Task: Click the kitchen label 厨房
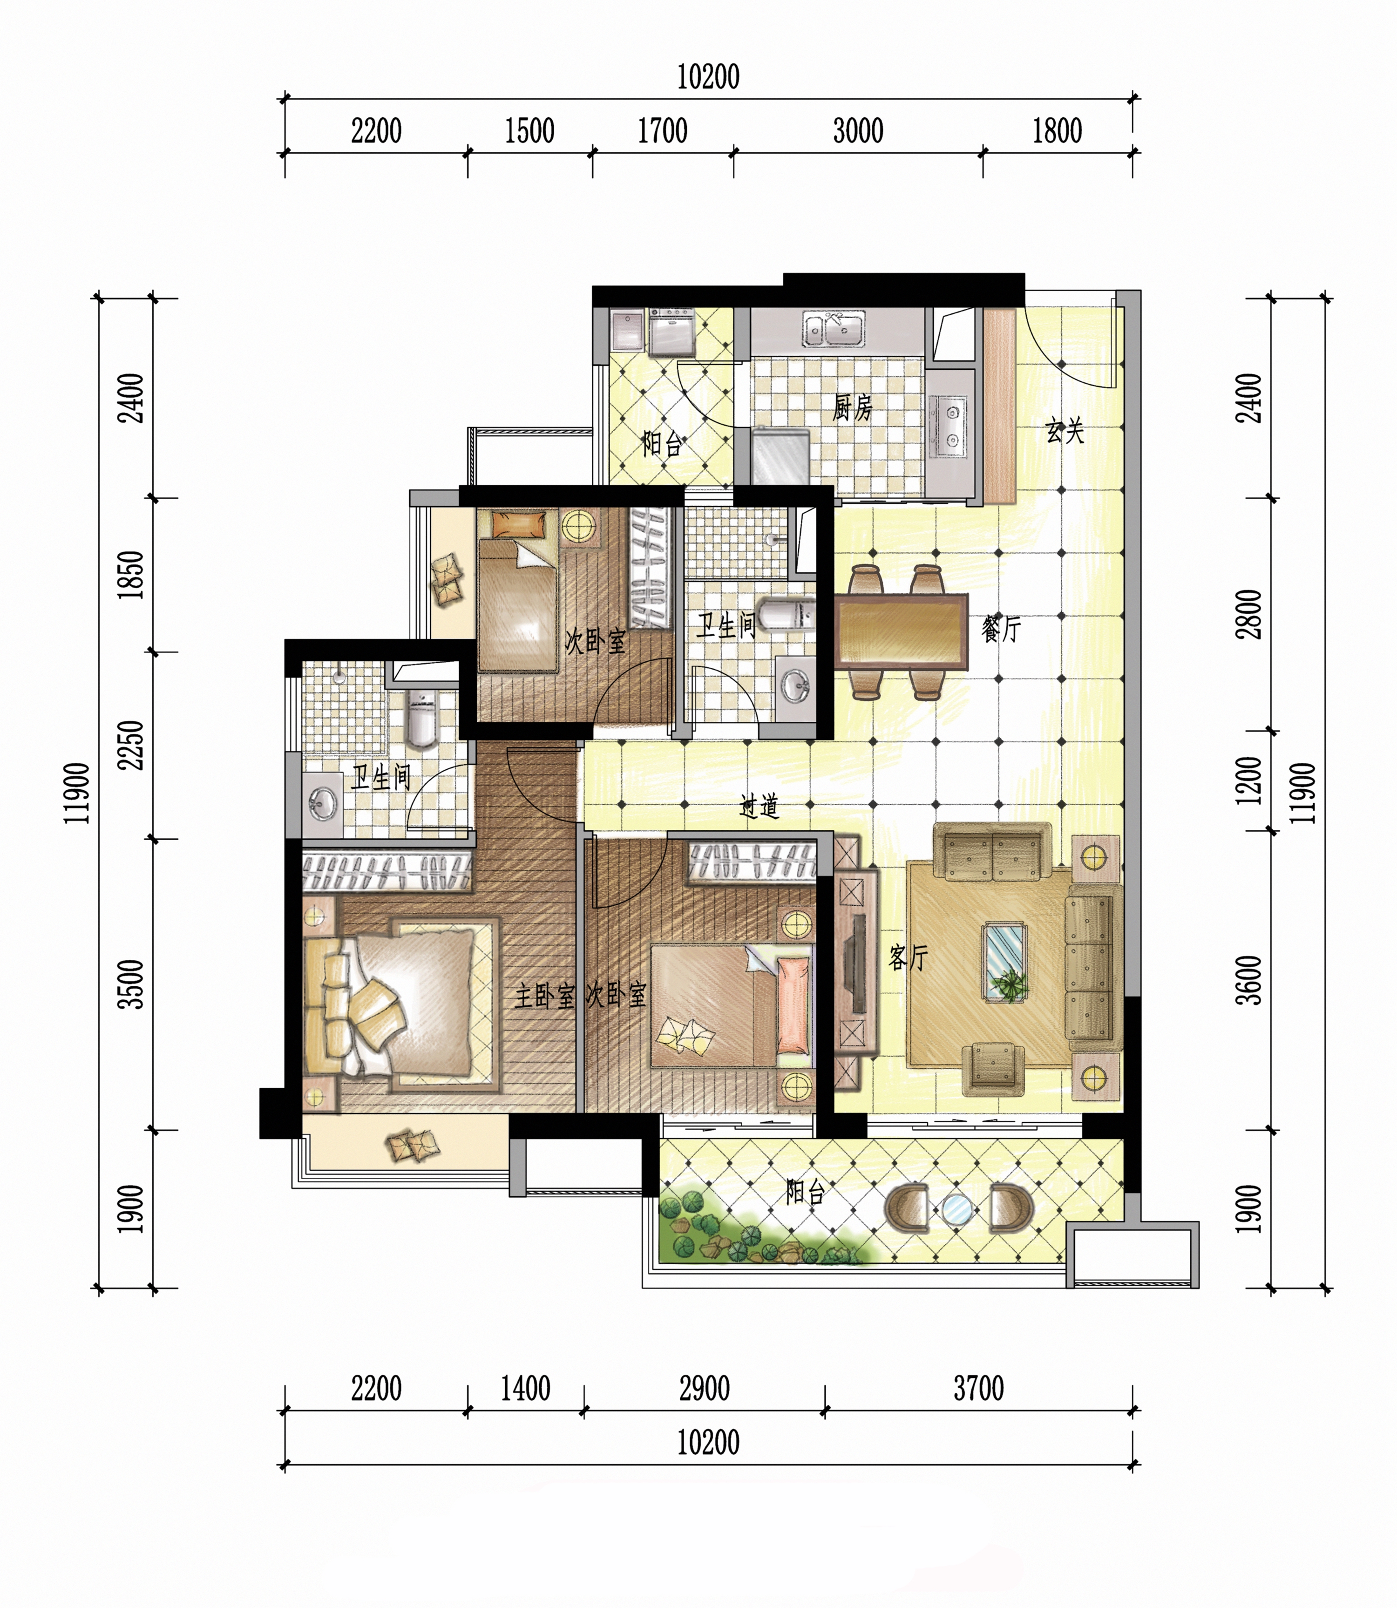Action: (x=852, y=407)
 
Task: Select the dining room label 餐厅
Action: (x=1001, y=628)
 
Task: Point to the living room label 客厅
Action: (x=908, y=958)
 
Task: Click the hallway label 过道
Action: (x=760, y=806)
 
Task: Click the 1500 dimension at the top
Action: (x=529, y=131)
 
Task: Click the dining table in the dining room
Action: (x=901, y=632)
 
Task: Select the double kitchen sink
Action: (x=834, y=328)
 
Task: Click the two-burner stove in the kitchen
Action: (x=951, y=426)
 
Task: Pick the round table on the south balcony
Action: (x=957, y=1208)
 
